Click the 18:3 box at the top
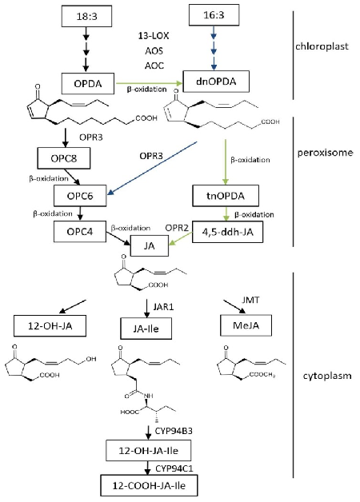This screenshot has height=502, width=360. (x=86, y=16)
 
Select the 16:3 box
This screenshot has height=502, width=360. (x=214, y=15)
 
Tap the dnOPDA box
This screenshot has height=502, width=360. (x=216, y=82)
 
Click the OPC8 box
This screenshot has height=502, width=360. (x=64, y=158)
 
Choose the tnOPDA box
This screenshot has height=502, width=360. (x=226, y=196)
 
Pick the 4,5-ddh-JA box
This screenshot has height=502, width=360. (x=227, y=232)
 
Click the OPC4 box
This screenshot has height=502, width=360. (x=80, y=232)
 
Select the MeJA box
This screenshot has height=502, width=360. (x=246, y=325)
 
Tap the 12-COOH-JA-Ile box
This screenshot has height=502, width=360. (x=149, y=486)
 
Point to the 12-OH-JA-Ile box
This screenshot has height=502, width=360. (x=148, y=451)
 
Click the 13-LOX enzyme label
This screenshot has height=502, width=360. (x=154, y=36)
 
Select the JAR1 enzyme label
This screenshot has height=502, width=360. (x=163, y=307)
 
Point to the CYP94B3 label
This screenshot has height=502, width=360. (x=174, y=431)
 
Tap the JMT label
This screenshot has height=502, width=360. (x=250, y=301)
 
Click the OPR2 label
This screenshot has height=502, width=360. (x=177, y=228)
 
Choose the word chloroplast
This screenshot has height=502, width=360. (x=322, y=46)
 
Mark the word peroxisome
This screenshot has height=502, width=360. (x=325, y=153)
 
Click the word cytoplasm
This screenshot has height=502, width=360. (x=327, y=376)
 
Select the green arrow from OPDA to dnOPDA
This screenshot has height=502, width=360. (x=150, y=84)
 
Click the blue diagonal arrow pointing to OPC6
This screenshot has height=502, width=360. (x=153, y=168)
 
